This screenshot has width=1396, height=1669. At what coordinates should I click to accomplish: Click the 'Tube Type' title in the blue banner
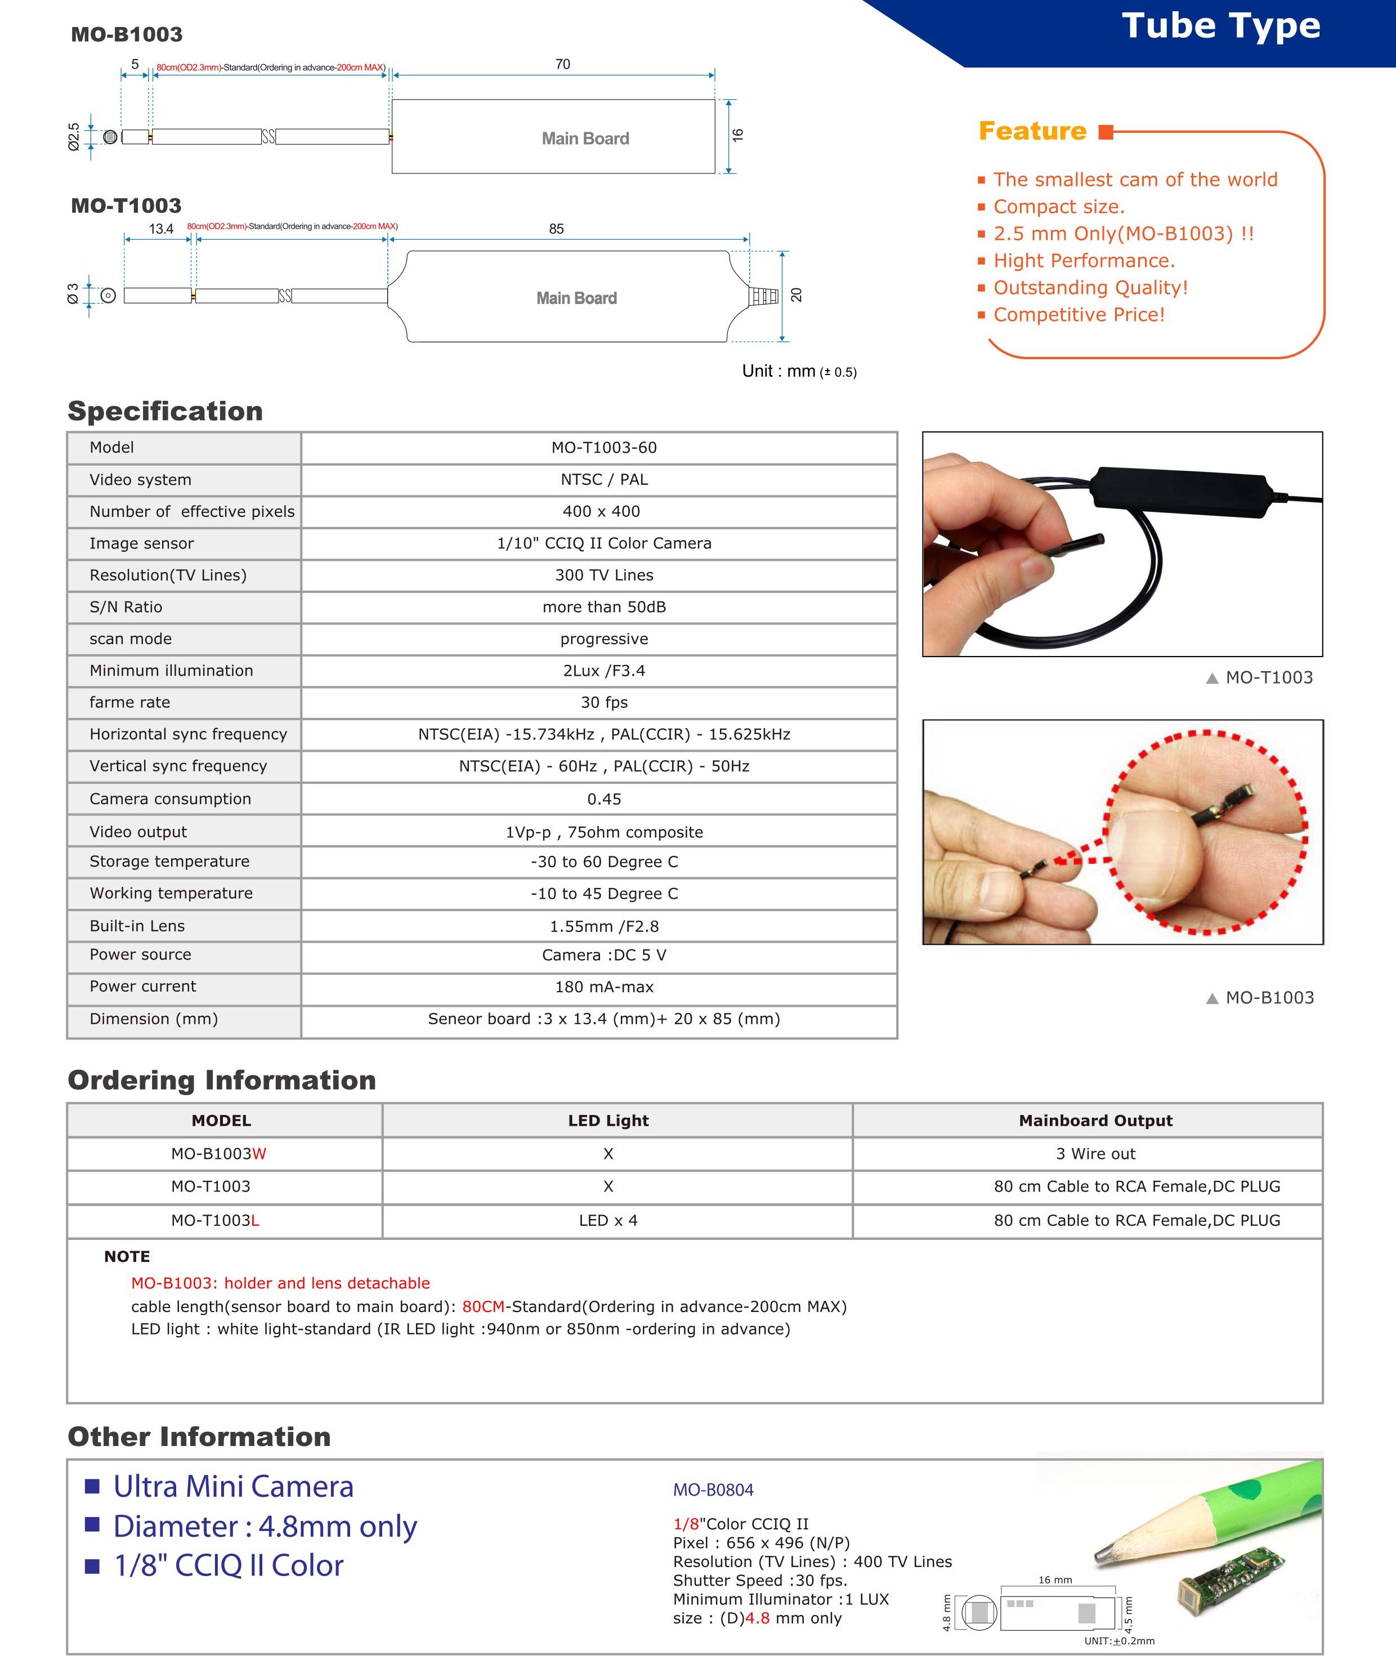(x=1220, y=26)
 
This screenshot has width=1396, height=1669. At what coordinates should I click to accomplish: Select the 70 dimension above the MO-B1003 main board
(x=562, y=64)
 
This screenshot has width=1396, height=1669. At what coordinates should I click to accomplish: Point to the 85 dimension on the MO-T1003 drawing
(x=556, y=229)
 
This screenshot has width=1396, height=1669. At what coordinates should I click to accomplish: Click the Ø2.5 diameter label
(x=74, y=137)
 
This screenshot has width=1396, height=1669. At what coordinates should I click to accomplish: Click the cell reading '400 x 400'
(x=602, y=511)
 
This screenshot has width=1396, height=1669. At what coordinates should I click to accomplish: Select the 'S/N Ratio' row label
(x=126, y=607)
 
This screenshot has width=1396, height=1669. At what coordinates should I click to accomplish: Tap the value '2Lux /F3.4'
(x=604, y=671)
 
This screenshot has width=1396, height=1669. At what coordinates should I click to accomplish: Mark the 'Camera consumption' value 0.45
(x=604, y=798)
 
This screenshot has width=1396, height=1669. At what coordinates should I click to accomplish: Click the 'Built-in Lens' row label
(x=137, y=926)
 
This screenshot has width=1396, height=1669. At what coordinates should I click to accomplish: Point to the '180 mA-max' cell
(x=604, y=987)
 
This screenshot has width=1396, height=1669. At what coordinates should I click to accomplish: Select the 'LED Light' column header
(x=608, y=1121)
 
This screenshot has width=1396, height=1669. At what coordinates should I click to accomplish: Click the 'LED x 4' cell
(x=608, y=1221)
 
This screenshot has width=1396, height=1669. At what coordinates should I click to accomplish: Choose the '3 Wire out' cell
(x=1095, y=1154)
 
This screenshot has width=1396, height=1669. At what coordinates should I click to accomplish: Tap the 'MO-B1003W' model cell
(x=218, y=1154)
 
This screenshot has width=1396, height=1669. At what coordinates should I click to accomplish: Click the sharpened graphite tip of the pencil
(x=1102, y=1551)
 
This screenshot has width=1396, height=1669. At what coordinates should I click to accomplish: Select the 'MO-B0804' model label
(x=713, y=1490)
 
